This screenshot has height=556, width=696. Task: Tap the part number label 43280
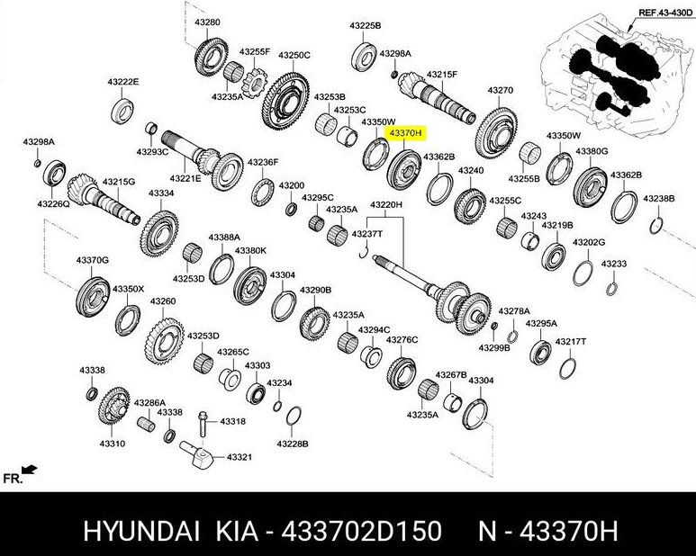click(207, 21)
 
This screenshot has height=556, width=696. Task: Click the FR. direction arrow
click(29, 469)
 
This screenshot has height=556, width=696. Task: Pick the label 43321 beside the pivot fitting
click(239, 457)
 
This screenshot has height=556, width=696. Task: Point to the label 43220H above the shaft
click(387, 205)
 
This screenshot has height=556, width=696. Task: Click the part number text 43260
click(163, 301)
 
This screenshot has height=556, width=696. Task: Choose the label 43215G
click(118, 182)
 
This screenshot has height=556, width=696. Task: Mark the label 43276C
click(402, 339)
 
